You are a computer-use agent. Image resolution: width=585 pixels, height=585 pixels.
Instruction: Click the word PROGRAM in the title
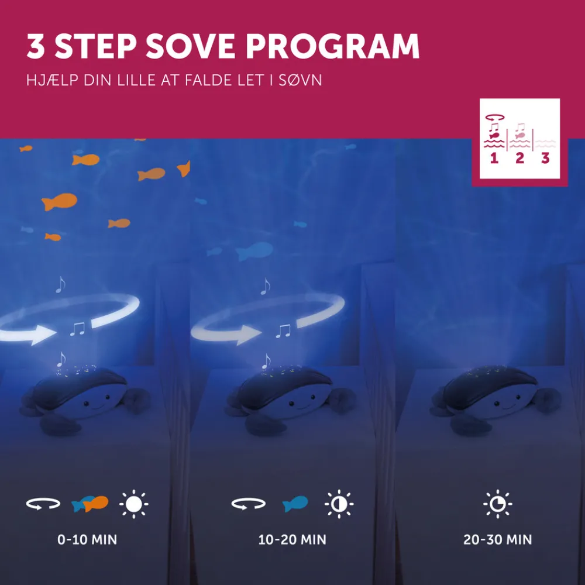[332, 46]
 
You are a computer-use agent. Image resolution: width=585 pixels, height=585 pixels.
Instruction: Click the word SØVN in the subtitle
[300, 80]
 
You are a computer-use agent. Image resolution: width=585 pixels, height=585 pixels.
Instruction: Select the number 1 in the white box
[494, 158]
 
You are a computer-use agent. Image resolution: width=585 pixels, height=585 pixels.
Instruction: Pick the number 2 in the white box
[519, 158]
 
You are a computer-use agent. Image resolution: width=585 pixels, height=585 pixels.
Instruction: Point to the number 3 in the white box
[545, 158]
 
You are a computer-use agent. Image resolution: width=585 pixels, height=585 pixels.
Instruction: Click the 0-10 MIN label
[87, 539]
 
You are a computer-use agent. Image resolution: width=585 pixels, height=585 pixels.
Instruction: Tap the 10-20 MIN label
[292, 539]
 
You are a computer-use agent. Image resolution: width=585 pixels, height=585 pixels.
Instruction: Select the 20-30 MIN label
[498, 539]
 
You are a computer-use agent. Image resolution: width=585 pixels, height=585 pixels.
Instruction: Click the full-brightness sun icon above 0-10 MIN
[134, 504]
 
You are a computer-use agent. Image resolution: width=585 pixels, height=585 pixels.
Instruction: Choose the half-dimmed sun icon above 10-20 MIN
[339, 504]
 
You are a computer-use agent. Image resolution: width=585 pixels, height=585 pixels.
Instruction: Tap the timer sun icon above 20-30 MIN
[498, 504]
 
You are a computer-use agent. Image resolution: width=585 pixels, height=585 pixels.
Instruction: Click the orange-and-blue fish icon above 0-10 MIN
[90, 504]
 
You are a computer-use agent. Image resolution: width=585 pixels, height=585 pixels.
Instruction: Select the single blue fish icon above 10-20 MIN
[295, 504]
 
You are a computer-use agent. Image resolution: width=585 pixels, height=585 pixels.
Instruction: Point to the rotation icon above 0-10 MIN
[43, 504]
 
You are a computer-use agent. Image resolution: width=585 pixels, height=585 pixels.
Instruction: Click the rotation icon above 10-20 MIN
[249, 504]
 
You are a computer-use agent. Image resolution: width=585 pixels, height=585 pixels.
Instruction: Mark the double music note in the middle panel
[283, 331]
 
